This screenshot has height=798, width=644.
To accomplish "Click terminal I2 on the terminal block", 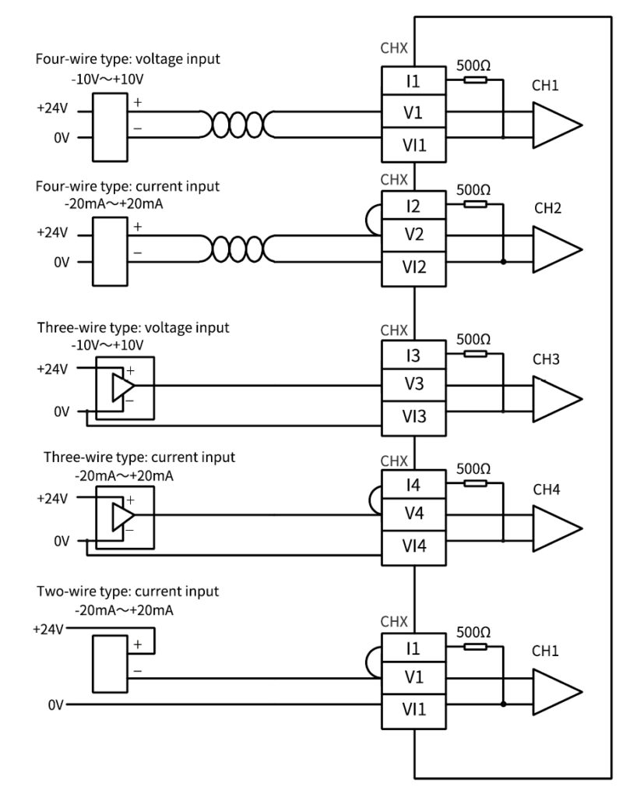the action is click(x=413, y=206).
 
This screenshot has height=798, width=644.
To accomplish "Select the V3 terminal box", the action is click(x=413, y=384).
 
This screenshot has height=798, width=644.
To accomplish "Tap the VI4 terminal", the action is click(x=413, y=547).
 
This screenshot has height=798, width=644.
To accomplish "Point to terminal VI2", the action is click(x=413, y=268).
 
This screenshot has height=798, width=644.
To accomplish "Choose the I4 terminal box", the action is click(x=413, y=485).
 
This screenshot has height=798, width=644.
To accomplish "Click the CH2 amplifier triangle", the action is click(x=557, y=249).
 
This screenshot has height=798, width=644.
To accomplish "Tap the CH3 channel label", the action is click(x=546, y=359).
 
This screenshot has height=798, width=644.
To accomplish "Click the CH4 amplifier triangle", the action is click(x=557, y=528).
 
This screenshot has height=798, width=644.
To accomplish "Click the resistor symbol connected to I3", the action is click(x=475, y=354).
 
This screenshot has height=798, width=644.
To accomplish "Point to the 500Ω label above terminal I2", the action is click(x=473, y=190).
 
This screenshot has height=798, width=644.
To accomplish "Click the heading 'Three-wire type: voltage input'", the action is click(x=133, y=328).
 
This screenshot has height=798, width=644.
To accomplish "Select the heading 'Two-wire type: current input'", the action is click(x=128, y=591).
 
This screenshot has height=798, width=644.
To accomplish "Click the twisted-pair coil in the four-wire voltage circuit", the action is click(x=237, y=125).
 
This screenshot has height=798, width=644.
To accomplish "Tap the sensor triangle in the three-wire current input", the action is click(x=123, y=516).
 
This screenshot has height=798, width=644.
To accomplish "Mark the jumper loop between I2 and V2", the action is click(x=372, y=220).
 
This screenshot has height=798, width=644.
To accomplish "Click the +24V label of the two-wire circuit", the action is click(x=48, y=629).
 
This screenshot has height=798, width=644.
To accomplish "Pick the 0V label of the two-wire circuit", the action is click(x=56, y=704).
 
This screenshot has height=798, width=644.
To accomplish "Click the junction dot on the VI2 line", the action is click(x=503, y=262).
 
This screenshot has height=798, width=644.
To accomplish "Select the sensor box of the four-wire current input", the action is click(x=110, y=252).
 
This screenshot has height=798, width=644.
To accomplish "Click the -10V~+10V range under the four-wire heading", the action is click(x=107, y=79).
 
